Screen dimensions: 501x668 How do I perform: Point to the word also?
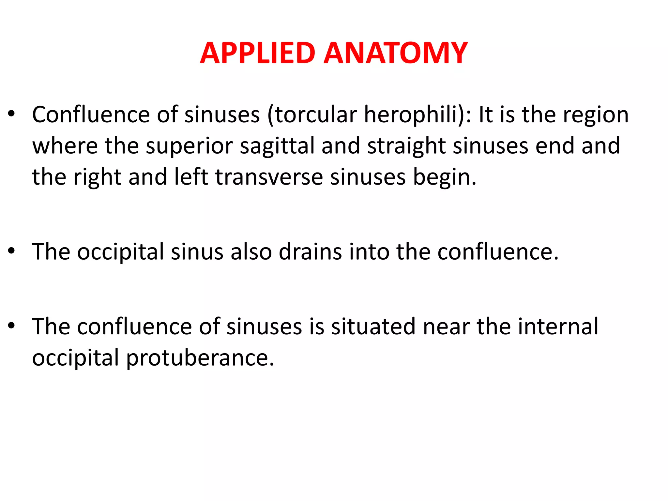251,252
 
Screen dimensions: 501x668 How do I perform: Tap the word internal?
558,326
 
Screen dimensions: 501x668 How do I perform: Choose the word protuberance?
200,358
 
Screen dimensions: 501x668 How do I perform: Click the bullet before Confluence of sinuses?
12,114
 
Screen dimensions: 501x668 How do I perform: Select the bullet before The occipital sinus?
12,251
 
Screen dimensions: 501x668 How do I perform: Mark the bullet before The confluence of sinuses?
12,326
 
